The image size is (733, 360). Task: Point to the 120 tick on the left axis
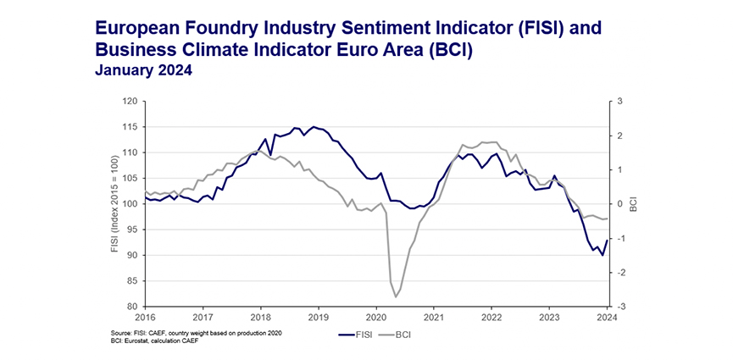[129, 102]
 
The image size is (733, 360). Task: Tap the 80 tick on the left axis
[131, 307]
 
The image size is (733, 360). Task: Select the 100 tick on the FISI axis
[129, 204]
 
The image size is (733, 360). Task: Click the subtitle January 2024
[143, 71]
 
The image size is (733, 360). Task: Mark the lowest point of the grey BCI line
[396, 297]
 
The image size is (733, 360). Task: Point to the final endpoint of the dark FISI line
[607, 240]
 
